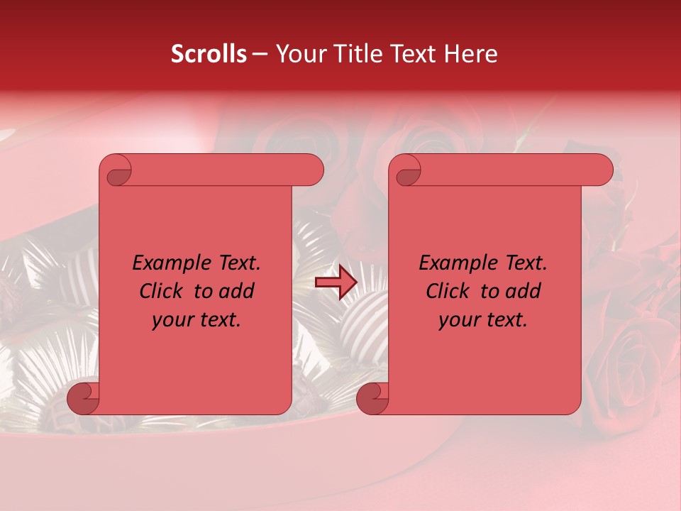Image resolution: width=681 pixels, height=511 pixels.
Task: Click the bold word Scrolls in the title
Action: (x=209, y=54)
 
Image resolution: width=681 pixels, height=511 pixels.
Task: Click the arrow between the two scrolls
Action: (x=336, y=283)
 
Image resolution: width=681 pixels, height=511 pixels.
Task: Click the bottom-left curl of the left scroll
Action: (x=84, y=399)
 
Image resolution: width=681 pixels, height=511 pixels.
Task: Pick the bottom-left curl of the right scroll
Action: (x=372, y=399)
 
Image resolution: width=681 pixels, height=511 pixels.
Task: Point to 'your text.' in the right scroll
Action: (x=483, y=319)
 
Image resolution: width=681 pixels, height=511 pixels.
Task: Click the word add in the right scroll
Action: (x=524, y=291)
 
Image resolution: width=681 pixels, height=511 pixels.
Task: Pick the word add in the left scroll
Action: (x=238, y=291)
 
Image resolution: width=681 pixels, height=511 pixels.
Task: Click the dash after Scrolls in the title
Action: (x=260, y=54)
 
